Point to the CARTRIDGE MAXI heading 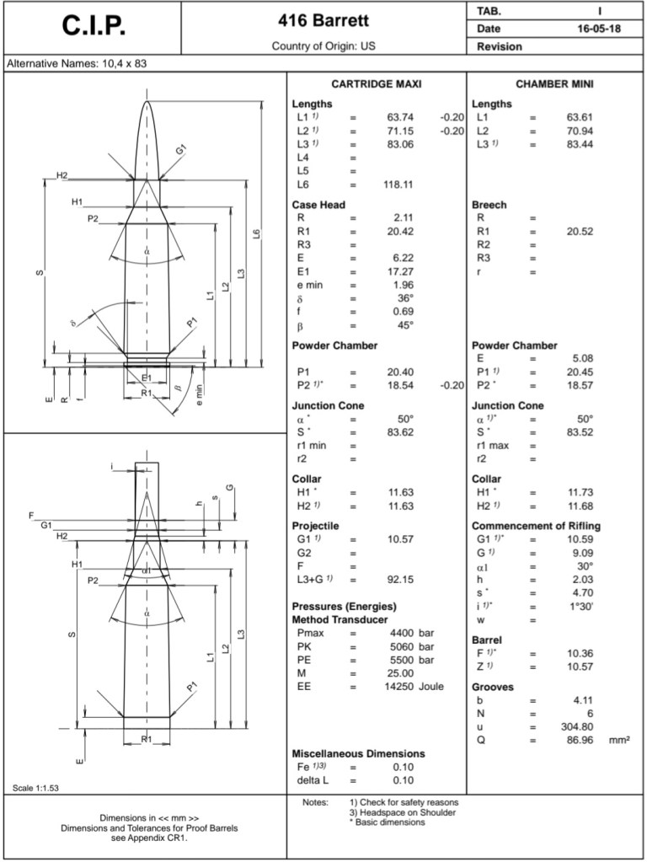tap(376, 84)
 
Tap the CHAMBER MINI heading tap(555, 84)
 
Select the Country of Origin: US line tap(323, 46)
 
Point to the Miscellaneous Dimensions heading tap(358, 753)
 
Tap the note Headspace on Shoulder tap(402, 812)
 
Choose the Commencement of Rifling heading tap(536, 526)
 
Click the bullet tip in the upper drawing tap(147, 104)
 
